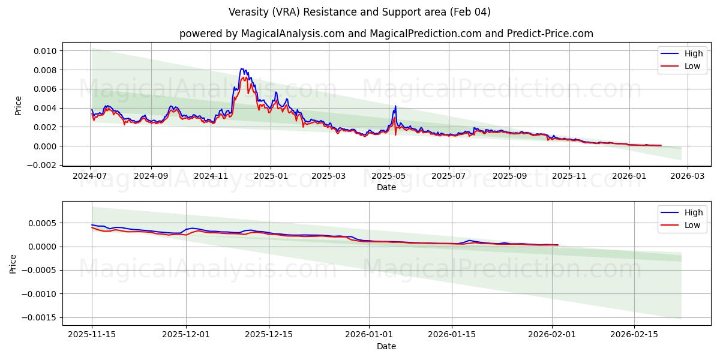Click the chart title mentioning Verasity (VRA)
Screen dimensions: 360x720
pyautogui.click(x=359, y=12)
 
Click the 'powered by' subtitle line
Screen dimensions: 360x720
pyautogui.click(x=386, y=34)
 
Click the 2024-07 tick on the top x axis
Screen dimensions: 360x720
pyautogui.click(x=91, y=176)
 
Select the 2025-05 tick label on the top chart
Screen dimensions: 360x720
pyautogui.click(x=389, y=176)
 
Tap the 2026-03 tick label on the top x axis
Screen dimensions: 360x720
pyautogui.click(x=688, y=176)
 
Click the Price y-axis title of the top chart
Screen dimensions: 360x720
pyautogui.click(x=18, y=106)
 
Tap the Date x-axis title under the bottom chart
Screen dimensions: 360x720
pyautogui.click(x=386, y=346)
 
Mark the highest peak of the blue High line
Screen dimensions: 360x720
pyautogui.click(x=241, y=69)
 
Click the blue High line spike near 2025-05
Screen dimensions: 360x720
pyautogui.click(x=395, y=106)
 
